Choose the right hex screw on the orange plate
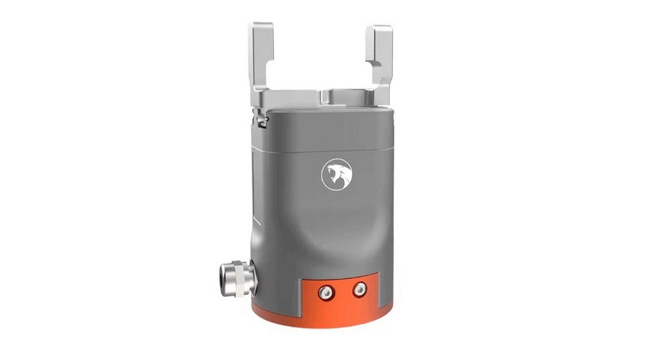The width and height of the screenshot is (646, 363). point(360,289)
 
